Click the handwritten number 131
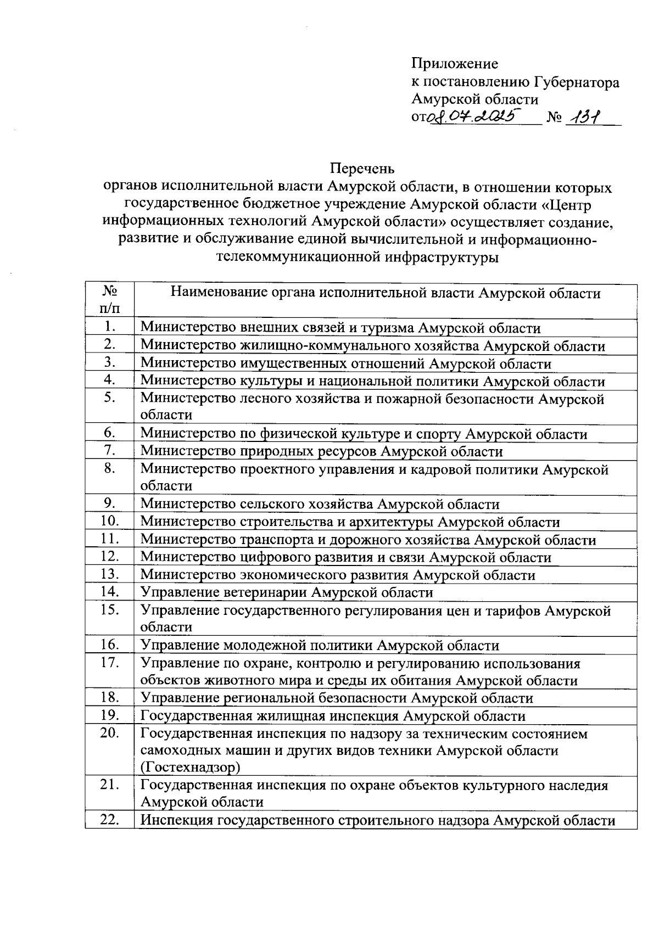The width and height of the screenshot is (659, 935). pos(585,117)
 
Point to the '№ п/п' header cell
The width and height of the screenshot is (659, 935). pos(110,300)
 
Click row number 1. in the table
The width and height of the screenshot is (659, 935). pos(110,327)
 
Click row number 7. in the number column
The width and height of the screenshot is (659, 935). pos(110,451)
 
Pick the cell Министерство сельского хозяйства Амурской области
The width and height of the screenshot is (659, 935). pos(320,504)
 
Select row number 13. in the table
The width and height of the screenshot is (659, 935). pos(110,575)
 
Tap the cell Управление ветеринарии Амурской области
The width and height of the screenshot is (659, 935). pos(287,593)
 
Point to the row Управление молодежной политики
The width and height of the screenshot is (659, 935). pos(320,646)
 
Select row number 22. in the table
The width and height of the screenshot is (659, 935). pos(110,820)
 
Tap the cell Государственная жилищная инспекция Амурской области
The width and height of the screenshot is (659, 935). pos(333,716)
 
